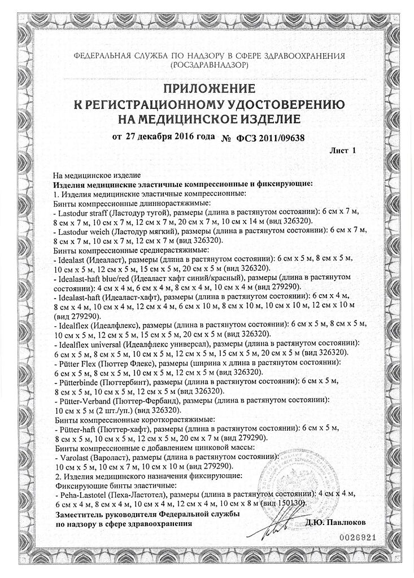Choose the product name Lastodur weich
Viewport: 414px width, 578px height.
point(80,230)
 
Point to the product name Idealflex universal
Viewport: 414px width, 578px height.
point(90,344)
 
